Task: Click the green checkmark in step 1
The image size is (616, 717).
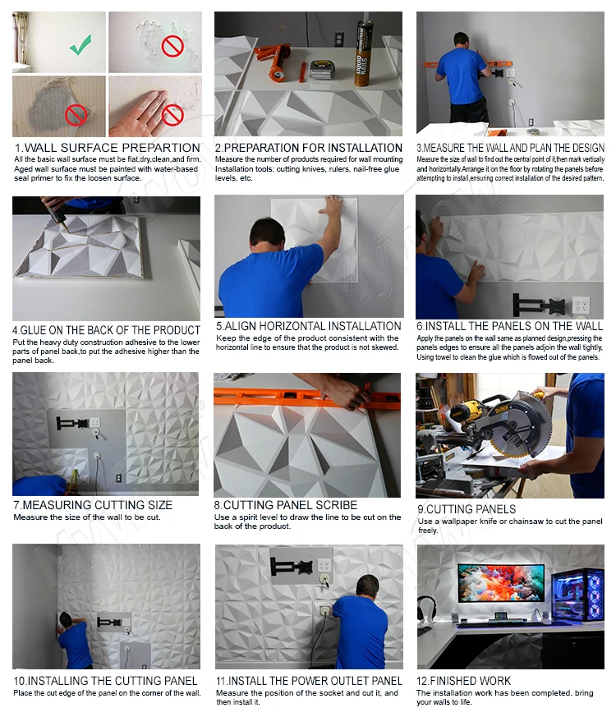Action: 81,44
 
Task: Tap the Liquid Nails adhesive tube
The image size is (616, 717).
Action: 363,54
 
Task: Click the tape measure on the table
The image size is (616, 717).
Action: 323,69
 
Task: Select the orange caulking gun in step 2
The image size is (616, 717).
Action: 274,60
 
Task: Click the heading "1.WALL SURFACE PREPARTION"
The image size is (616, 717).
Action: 107,148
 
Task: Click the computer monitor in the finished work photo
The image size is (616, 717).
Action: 501,582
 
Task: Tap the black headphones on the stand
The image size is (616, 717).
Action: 426,608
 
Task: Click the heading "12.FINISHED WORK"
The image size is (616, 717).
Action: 463,680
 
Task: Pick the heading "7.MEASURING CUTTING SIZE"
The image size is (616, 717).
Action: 93,505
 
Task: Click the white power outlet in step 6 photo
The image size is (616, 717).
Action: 581,305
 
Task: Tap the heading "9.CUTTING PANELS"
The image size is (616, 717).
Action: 467,509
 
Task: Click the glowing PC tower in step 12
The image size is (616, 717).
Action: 577,595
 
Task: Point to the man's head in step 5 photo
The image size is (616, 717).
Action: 268,234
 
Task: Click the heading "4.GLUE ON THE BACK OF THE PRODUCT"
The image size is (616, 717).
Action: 106,330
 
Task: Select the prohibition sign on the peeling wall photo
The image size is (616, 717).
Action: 172,46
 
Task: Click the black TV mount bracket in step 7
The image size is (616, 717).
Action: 71,423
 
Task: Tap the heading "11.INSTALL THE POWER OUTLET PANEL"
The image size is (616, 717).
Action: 309,680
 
